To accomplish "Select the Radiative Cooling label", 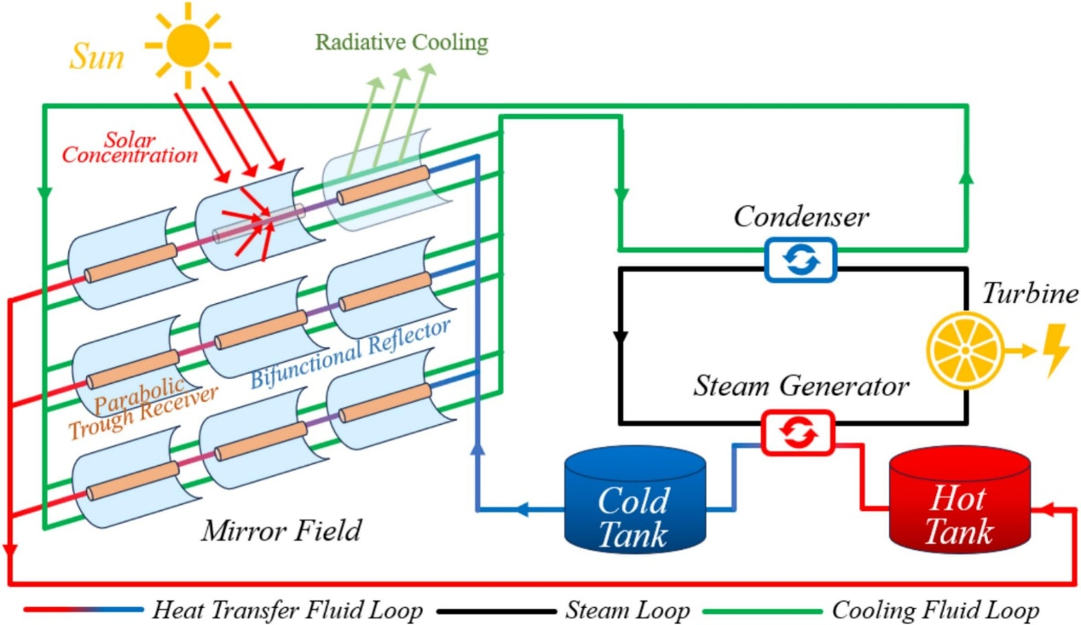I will click(402, 42).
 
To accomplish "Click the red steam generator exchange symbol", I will click(798, 433).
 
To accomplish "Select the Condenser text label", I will click(801, 217).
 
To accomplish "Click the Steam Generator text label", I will click(801, 387).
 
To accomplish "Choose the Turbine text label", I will click(1030, 295).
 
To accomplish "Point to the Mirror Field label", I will click(281, 531).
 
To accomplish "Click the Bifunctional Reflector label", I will click(350, 353).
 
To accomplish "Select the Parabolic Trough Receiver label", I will click(145, 406).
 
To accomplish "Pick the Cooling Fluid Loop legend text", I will click(934, 611).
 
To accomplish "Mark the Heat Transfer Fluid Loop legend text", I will click(287, 611).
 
